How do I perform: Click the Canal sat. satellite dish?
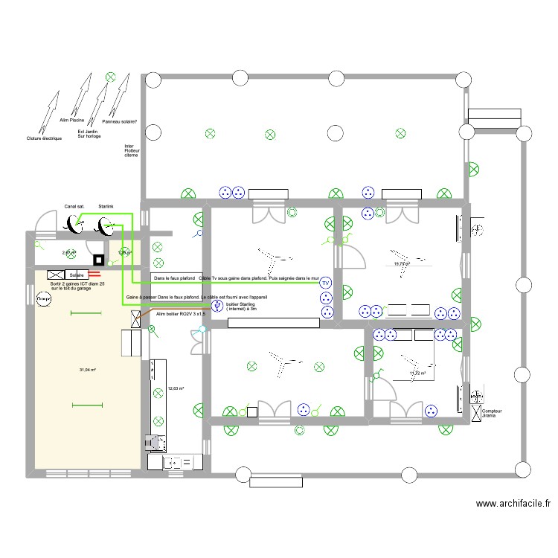[74, 222]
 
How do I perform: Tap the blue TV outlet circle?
[324, 283]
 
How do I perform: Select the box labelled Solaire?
[76, 275]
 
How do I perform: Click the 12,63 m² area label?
[176, 388]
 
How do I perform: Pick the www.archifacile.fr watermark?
[513, 503]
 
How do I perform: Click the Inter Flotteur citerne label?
[132, 150]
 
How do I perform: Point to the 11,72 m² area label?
[417, 373]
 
